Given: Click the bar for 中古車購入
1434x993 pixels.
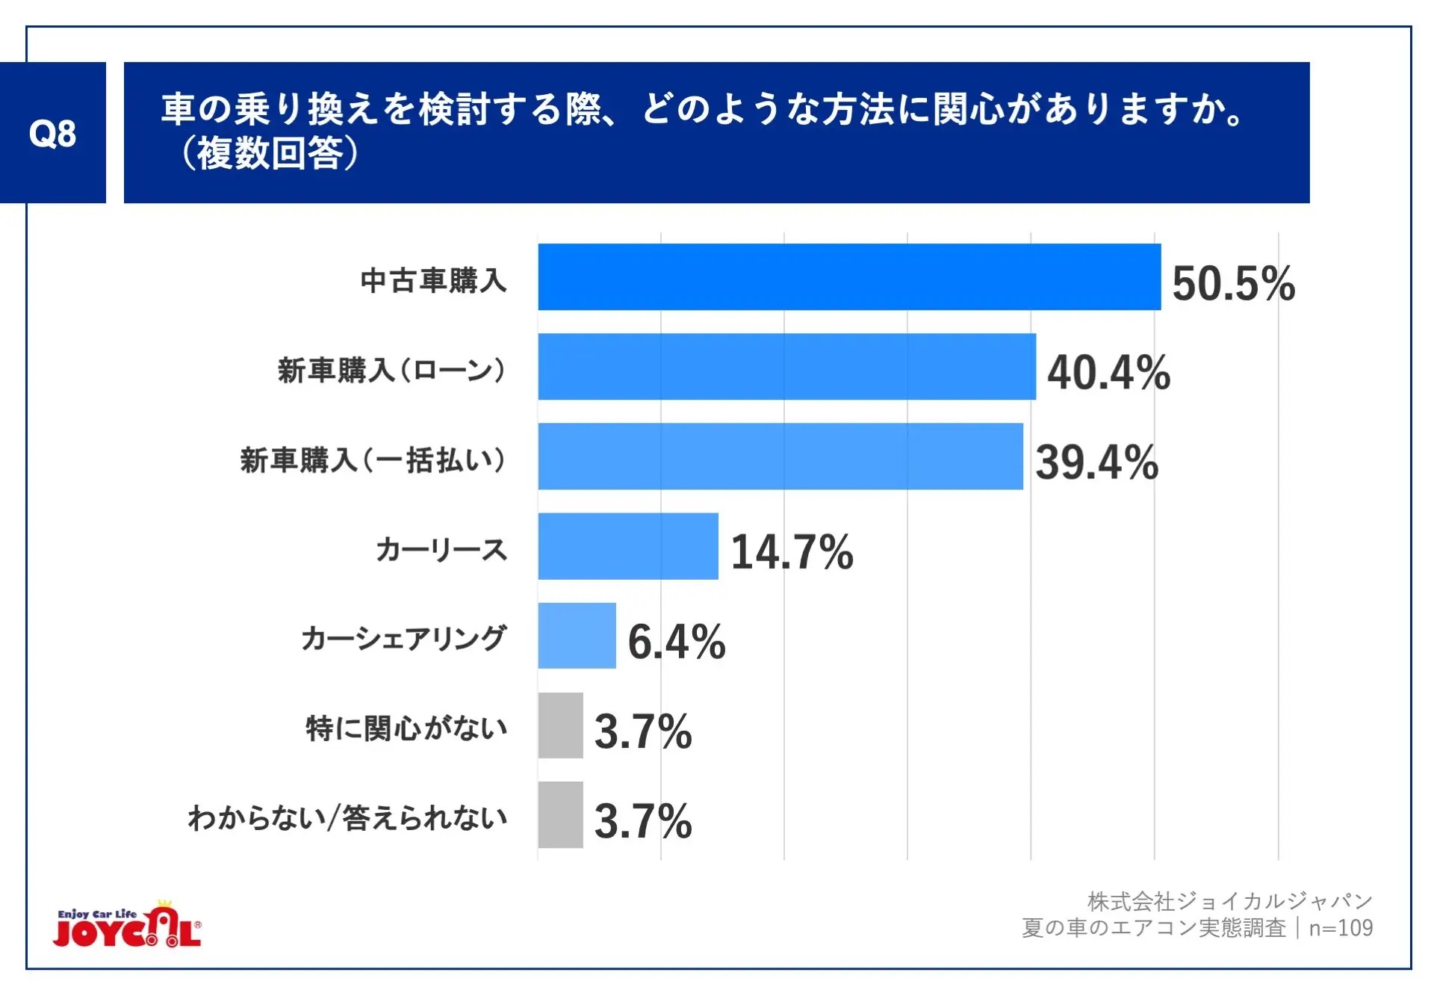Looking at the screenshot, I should (849, 276).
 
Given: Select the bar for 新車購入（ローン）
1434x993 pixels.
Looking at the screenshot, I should (786, 366).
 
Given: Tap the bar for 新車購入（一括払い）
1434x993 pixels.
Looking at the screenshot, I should (780, 456).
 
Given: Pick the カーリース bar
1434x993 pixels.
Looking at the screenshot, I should (628, 545).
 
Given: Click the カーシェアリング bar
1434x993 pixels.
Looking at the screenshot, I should (577, 635).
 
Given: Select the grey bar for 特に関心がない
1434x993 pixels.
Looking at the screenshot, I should (560, 725).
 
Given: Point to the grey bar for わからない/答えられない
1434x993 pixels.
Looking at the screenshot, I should (560, 814).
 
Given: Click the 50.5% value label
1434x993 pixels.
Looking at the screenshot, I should (1233, 283).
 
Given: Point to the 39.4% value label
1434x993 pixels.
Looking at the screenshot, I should (1096, 462).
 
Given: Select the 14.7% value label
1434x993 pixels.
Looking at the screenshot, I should (792, 551).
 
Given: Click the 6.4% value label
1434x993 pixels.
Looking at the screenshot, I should (676, 641).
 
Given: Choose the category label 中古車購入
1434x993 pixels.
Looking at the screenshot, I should (433, 281).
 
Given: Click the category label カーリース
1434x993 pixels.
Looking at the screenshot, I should (441, 550).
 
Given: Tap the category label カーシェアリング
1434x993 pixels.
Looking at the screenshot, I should (404, 639).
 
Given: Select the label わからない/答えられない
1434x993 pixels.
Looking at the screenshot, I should (347, 818).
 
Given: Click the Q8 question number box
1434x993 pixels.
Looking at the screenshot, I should (52, 133).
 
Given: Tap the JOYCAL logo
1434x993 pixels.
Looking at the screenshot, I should (128, 927).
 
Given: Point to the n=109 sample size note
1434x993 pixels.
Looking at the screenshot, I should (1341, 928).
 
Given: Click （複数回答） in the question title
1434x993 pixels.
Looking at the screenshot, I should (270, 154).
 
